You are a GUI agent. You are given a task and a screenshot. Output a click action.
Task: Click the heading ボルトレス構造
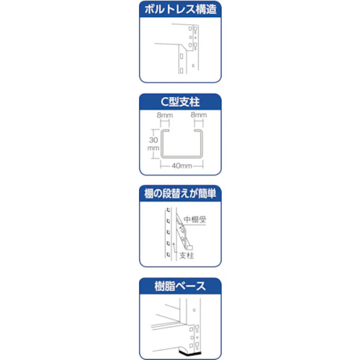pos(180,9)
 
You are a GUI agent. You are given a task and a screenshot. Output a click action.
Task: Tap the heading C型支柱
pos(180,102)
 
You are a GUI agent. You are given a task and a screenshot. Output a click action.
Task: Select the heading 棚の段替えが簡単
pos(180,194)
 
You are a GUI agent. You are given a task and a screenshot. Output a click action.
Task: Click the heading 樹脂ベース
pos(180,286)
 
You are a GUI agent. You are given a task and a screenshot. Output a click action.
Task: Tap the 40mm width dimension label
pos(180,165)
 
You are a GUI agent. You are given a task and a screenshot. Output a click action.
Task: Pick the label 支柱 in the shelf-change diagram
pos(187,255)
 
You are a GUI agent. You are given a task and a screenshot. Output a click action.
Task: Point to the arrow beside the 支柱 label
pos(175,247)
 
